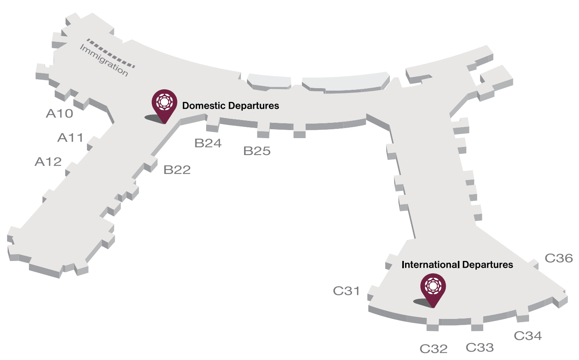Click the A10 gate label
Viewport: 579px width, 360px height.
(x=60, y=114)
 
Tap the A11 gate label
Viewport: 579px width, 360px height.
(x=70, y=138)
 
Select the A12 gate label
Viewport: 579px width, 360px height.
(x=48, y=162)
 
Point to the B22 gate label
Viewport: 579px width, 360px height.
(x=177, y=170)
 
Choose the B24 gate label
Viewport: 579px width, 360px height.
(x=208, y=143)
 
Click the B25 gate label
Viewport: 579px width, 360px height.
(x=257, y=151)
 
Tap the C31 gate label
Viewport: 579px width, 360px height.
(x=346, y=291)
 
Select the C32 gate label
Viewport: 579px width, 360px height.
(x=434, y=349)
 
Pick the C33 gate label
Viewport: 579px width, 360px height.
(x=480, y=348)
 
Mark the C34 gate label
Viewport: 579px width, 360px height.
(x=528, y=335)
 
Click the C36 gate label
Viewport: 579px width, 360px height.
(x=559, y=258)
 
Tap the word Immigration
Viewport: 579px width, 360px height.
(x=104, y=60)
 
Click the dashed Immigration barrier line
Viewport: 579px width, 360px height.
(x=111, y=53)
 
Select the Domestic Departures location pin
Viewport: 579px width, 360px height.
(x=164, y=103)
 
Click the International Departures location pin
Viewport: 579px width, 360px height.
(x=433, y=287)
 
